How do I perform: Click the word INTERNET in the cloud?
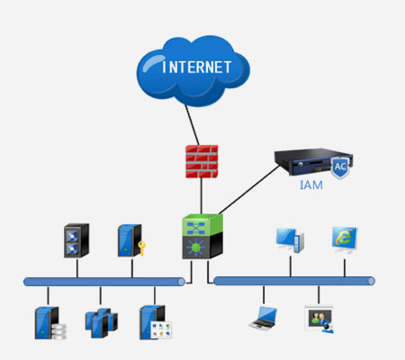coord(197,67)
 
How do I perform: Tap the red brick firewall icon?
coord(202,161)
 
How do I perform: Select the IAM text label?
coord(311,185)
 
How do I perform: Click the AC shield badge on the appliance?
coord(340,167)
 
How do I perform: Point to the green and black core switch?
coord(202,237)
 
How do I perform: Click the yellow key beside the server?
coord(141,248)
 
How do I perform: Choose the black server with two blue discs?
coord(76,240)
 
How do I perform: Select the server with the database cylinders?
coord(50,323)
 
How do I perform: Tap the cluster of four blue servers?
coord(102,322)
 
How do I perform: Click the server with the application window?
coord(156,322)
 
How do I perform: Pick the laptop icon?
coord(264,319)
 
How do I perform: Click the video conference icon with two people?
coord(319,319)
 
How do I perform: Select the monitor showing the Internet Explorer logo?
coord(345,240)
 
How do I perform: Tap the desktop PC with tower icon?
coord(290,240)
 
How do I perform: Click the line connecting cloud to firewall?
coord(192,125)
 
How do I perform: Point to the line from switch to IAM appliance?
coord(249,190)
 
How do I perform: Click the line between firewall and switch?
coord(202,196)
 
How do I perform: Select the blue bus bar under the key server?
coord(104,282)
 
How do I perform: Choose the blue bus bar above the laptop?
coord(294,281)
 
